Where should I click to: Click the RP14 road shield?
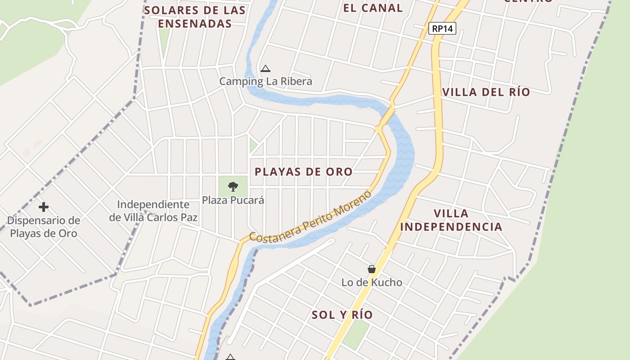point(442,29)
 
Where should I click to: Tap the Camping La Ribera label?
point(265,81)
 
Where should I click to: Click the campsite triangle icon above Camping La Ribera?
point(265,69)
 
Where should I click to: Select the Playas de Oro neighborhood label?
point(304,172)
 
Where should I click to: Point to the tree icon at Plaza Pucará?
point(233,186)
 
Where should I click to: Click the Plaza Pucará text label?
point(233,200)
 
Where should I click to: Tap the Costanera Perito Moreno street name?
point(310,217)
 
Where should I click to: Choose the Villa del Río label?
point(486,92)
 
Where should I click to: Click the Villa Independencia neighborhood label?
point(451,220)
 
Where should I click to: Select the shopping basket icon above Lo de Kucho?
point(372,269)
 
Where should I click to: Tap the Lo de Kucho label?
point(372,283)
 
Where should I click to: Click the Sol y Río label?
point(342,315)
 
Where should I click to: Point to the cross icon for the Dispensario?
point(44,207)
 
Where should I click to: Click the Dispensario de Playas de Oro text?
point(44,227)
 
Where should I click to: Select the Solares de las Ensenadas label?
point(195,17)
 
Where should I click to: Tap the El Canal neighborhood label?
point(373,8)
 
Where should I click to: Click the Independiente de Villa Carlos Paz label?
point(153,211)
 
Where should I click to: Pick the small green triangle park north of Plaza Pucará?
point(253,145)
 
